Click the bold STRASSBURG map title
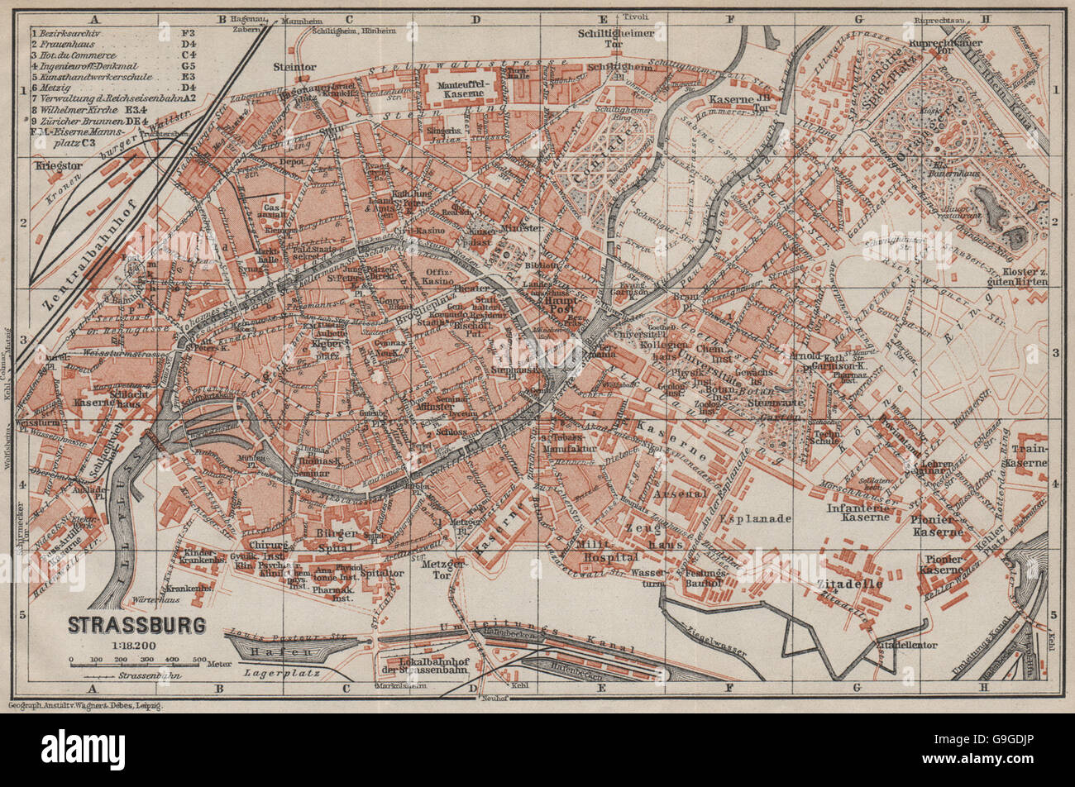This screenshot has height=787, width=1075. pos(136,625)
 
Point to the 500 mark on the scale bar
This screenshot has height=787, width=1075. pos(198,659)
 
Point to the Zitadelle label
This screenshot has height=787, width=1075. pos(853,584)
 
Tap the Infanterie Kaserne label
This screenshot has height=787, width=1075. pos(858,513)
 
